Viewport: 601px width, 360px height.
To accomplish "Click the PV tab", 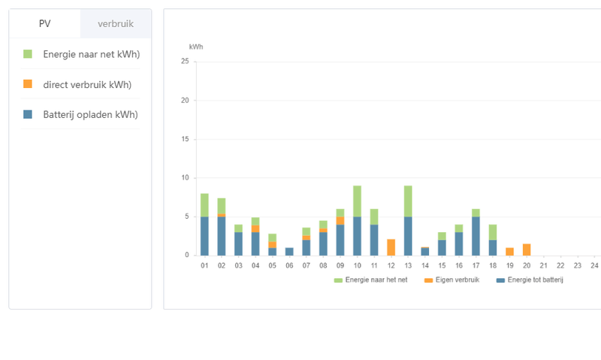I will coord(44,24).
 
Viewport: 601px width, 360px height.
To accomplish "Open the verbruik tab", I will coord(116,24).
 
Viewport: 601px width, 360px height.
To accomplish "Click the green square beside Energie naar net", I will coord(28,54).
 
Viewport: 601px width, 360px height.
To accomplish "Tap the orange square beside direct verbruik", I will coord(28,84).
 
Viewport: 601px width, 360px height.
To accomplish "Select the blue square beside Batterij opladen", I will coord(28,114).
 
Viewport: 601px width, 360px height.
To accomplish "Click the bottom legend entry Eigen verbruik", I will coord(452,280).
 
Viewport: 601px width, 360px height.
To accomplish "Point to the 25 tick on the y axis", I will coord(185,62).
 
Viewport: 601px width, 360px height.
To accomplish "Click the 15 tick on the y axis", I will coord(185,139).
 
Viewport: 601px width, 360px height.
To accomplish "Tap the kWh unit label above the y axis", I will coord(196,47).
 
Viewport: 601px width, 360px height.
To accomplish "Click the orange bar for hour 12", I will coord(391,247).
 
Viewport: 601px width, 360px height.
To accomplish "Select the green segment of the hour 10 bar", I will coord(357,201).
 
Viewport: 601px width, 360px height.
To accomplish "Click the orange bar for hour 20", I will coord(527,250).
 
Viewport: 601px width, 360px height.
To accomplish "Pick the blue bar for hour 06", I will coord(289,251).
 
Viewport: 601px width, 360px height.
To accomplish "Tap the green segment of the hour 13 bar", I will coord(408,201).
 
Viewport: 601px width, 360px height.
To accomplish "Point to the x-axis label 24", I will coord(594,265).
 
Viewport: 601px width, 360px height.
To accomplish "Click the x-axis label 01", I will coord(204,265).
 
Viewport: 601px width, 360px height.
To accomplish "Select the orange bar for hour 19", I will coord(509,251).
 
